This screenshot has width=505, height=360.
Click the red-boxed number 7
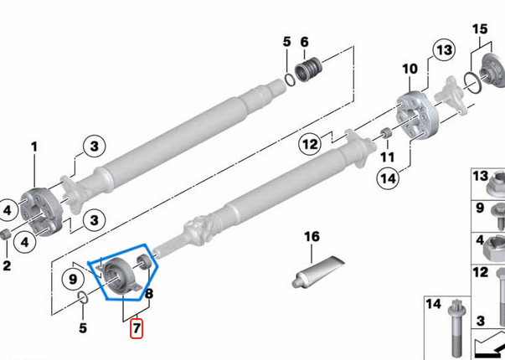click(136, 328)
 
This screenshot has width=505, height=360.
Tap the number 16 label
click(312, 237)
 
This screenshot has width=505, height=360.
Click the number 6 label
click(304, 41)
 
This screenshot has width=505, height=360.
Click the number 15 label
click(478, 30)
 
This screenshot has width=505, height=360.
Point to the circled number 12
click(311, 145)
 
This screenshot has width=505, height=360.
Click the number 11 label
click(386, 157)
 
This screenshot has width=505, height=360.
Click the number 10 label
click(410, 68)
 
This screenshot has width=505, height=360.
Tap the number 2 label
click(7, 265)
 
